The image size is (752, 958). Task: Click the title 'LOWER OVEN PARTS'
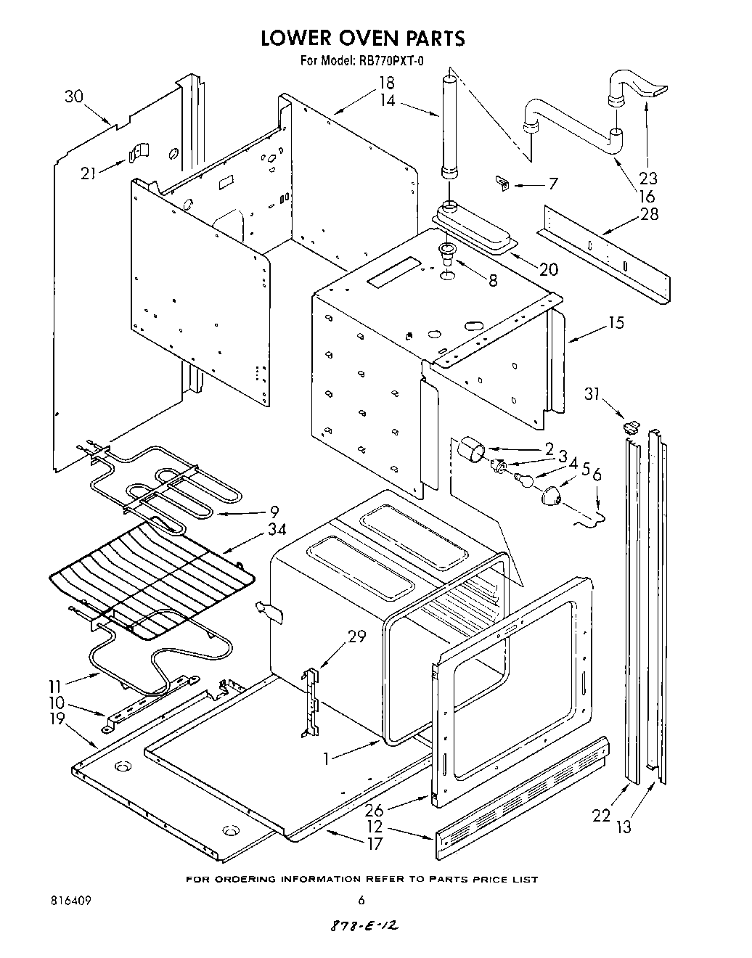pyautogui.click(x=362, y=38)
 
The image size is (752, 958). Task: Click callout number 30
pyautogui.click(x=74, y=97)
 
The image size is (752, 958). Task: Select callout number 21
pyautogui.click(x=89, y=173)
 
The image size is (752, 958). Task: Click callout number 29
pyautogui.click(x=356, y=636)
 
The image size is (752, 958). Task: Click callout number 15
pyautogui.click(x=616, y=323)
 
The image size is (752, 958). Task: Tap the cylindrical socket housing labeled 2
pyautogui.click(x=468, y=448)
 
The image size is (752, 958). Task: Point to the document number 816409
pyautogui.click(x=70, y=901)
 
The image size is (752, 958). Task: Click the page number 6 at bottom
pyautogui.click(x=361, y=901)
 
